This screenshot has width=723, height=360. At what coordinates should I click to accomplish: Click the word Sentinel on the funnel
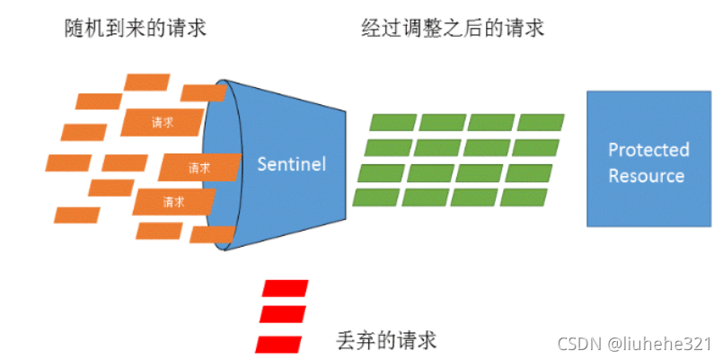[x=291, y=164]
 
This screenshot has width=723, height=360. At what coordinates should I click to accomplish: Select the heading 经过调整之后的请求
[x=452, y=29]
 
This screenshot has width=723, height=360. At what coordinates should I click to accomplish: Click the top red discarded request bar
[x=284, y=288]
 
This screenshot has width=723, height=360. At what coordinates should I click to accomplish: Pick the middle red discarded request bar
[x=281, y=314]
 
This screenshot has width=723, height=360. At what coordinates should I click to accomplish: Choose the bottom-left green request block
[x=376, y=197]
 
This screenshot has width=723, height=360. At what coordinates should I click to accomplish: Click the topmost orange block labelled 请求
[x=163, y=122]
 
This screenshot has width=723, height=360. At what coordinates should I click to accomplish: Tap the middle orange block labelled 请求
[x=199, y=167]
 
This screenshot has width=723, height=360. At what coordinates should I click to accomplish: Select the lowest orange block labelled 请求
[x=173, y=202]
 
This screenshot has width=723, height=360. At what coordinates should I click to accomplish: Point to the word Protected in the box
[x=648, y=150]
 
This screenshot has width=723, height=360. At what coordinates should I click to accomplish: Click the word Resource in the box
[x=647, y=176]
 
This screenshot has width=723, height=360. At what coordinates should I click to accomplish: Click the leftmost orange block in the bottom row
[x=76, y=215]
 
